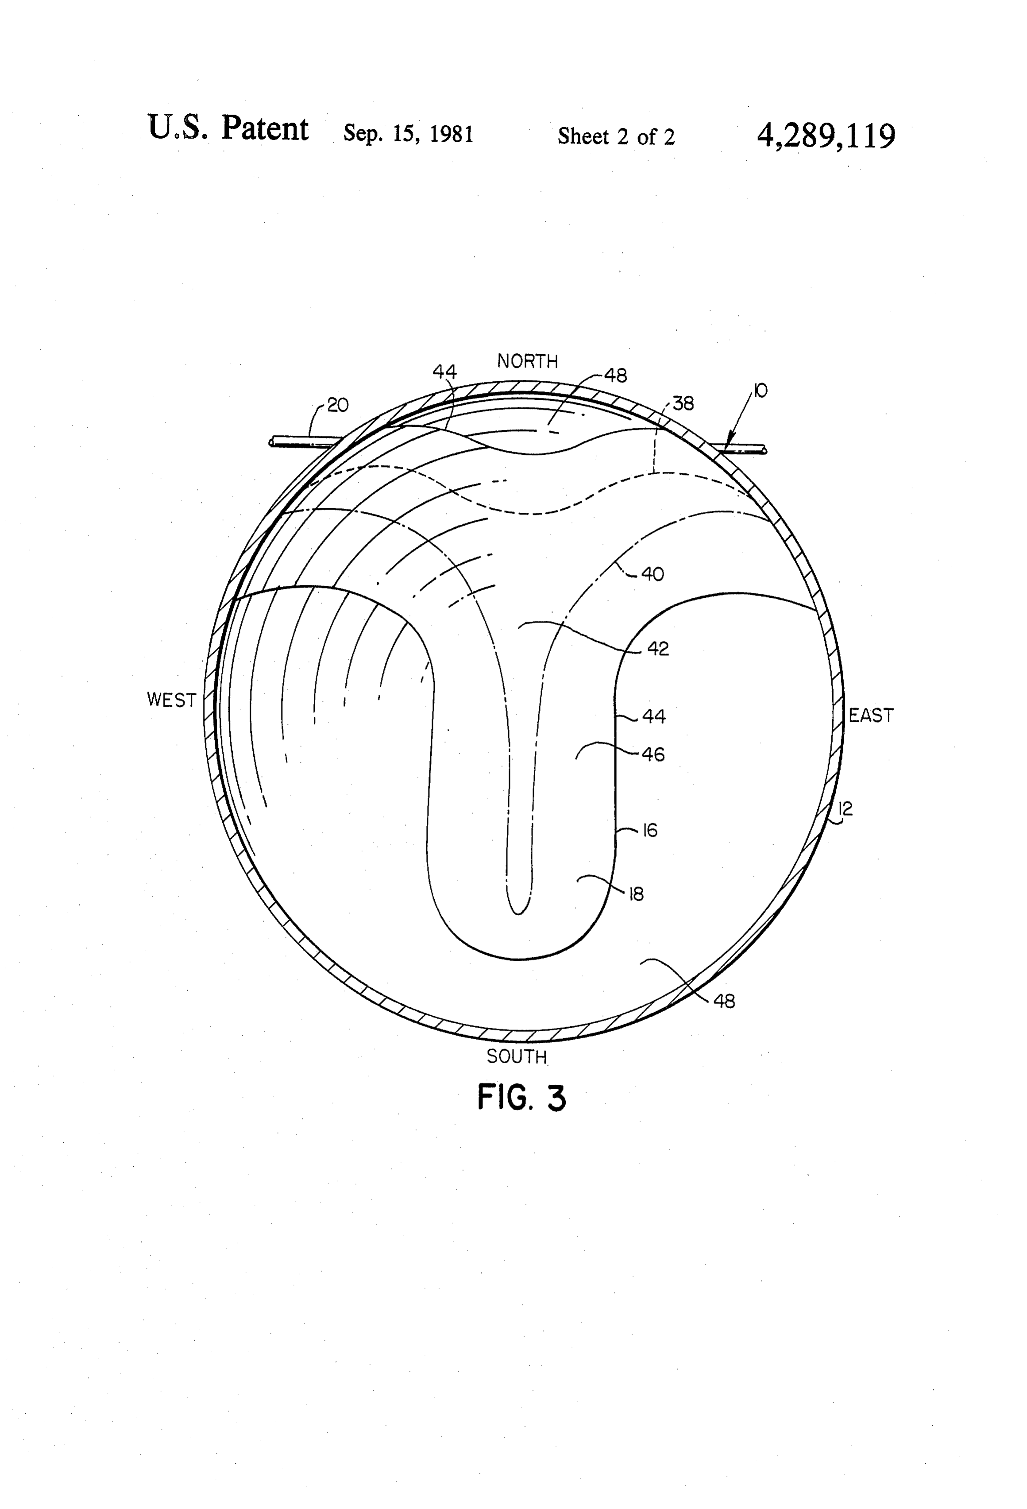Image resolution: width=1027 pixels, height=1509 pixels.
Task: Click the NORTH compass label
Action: pos(527,361)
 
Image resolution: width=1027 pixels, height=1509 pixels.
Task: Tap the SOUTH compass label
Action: pos(517,1056)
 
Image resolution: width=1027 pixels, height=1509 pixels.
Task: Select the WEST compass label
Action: pos(171,700)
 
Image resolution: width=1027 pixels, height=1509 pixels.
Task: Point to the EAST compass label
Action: pos(871,716)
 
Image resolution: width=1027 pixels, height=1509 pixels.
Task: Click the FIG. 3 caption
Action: pos(522,1098)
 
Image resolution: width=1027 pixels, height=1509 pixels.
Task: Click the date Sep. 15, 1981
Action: pos(408,134)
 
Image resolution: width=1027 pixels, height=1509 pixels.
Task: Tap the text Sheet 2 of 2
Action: pos(616,136)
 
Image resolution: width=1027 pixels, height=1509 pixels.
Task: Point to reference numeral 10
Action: pos(760,391)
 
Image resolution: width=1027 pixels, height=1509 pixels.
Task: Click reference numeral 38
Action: pos(683,404)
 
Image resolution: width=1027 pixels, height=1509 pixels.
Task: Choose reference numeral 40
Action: pos(652,574)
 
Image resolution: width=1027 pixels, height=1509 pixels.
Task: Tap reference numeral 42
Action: pos(658,649)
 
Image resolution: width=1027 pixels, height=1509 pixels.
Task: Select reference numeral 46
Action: pos(653,754)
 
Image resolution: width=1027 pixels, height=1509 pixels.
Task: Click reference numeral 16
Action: pos(650,831)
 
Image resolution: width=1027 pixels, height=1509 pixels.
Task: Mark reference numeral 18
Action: pos(636,894)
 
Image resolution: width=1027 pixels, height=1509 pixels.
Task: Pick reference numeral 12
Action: pos(845,809)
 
